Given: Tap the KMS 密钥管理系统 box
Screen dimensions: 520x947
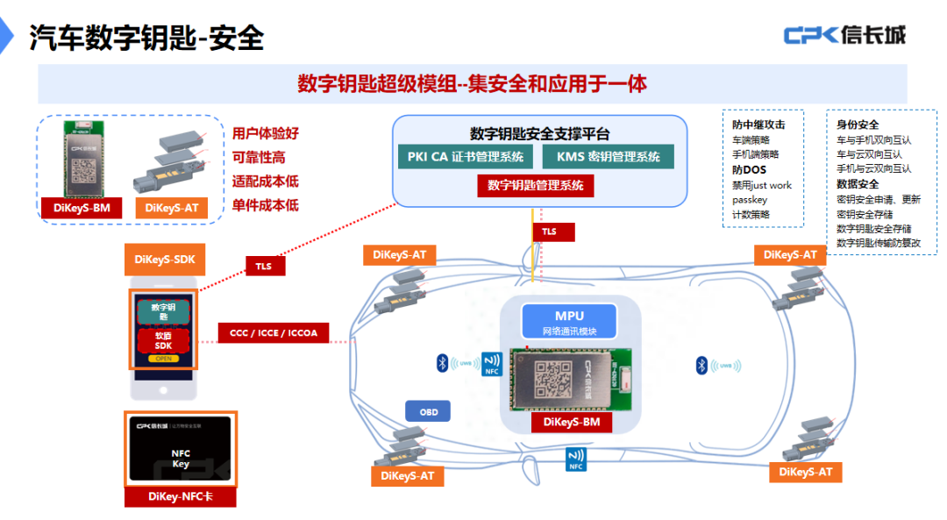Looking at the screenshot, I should coord(607,157).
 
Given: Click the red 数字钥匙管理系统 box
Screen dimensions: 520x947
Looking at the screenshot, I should coord(535,185).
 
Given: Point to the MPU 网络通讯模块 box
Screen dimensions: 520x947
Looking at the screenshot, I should coord(569,322).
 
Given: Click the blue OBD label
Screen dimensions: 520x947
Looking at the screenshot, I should coord(428,411).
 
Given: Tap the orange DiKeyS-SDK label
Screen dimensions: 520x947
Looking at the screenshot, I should coord(165,260).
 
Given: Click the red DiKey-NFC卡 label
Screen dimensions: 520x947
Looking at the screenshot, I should coord(180,496).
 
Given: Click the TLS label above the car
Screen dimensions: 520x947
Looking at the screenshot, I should coord(549,232).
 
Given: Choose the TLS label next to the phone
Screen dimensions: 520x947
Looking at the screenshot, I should coord(263,266).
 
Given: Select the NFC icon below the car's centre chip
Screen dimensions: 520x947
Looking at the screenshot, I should coord(576,459).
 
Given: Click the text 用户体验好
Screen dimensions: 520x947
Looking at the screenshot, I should coord(266,134).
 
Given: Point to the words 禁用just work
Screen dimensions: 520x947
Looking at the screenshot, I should coord(761,185).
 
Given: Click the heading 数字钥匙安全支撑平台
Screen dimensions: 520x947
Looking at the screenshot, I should coord(539,133).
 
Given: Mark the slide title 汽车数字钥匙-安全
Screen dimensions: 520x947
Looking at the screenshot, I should coord(146,38).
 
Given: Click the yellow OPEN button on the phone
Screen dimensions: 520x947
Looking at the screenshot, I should coord(164,359).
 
